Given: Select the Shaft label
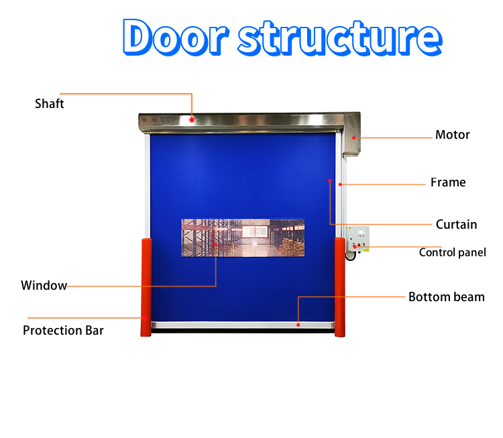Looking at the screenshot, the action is (50, 103).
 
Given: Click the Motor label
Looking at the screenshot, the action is (453, 135).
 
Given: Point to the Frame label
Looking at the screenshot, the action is (448, 182).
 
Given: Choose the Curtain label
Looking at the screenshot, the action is (456, 224).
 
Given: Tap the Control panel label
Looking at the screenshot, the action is (453, 252).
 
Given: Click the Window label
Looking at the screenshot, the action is (44, 286).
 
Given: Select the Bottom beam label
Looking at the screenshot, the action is (446, 296).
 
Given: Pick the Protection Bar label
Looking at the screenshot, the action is (63, 330).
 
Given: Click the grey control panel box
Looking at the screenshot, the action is (358, 239).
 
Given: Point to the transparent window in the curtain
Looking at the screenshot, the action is (243, 237).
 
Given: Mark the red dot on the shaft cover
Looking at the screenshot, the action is (192, 119).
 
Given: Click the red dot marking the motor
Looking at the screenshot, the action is (354, 138).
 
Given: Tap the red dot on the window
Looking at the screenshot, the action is (215, 245).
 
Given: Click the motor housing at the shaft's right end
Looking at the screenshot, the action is (351, 134).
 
